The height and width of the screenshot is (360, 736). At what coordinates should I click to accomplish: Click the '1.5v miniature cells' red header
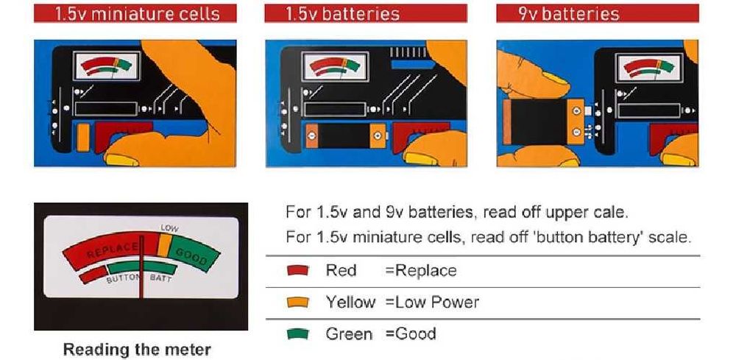(x=135, y=13)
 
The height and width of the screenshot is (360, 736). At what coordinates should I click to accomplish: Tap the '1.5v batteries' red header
(x=366, y=13)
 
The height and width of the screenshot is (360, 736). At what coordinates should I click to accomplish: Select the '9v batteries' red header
(x=598, y=13)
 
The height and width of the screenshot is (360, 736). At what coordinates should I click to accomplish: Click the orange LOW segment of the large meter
(x=164, y=245)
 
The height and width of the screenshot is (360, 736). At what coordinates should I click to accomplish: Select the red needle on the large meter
(x=141, y=265)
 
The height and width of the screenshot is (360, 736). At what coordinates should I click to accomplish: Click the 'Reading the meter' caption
(x=137, y=350)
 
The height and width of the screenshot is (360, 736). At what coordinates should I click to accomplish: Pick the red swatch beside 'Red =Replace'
(x=297, y=270)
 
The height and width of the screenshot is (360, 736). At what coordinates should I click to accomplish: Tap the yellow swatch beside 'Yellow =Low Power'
(x=297, y=302)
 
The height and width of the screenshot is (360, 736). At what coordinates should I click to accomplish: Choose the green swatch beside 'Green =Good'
(x=297, y=333)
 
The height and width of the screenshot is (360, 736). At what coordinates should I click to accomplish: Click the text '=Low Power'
(x=432, y=302)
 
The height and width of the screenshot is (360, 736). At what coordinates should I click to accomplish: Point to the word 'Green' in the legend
(x=349, y=333)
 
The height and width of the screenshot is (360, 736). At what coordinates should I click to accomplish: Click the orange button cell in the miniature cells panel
(x=83, y=137)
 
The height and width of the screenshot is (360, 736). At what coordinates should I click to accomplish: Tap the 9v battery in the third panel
(x=544, y=122)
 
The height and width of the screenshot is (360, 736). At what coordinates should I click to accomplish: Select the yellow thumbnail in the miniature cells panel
(x=121, y=160)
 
